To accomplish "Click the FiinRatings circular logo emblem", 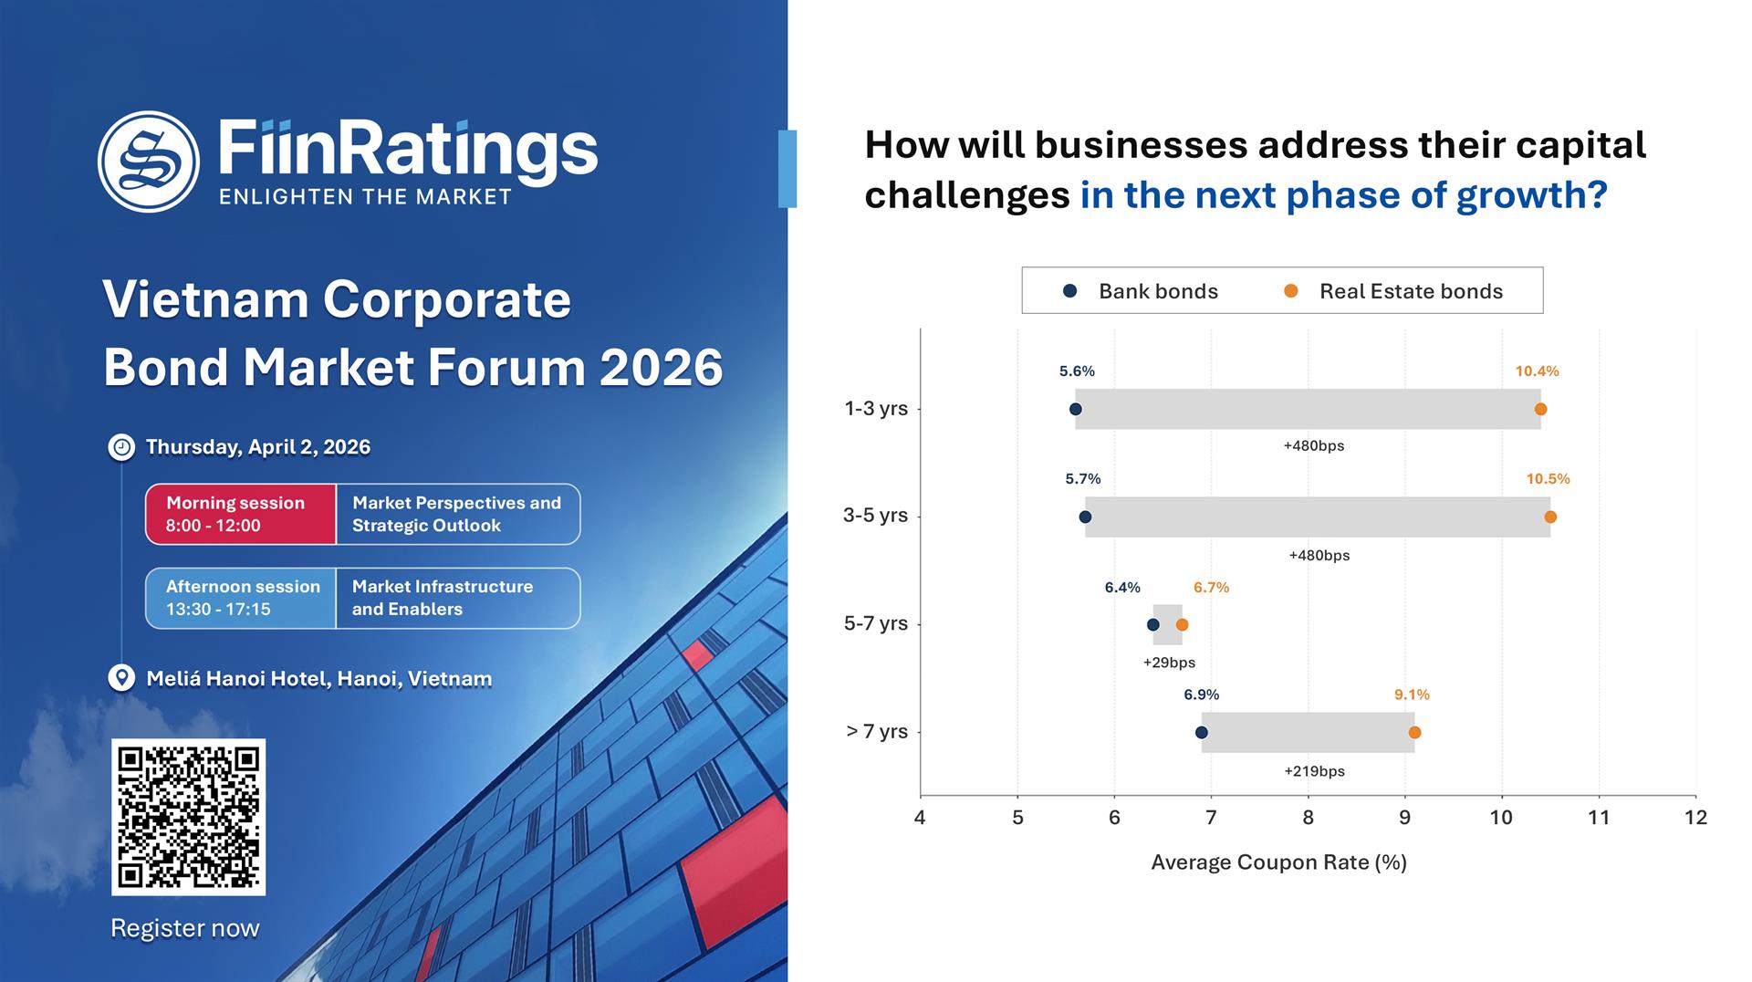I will [x=149, y=162].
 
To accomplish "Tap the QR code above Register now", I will [x=188, y=817].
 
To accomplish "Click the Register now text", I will [x=185, y=928].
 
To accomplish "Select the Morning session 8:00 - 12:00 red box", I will [x=241, y=514].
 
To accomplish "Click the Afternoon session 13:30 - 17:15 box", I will [x=241, y=598].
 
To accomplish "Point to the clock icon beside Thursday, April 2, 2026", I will [x=121, y=447].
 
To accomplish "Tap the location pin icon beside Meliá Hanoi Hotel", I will [x=121, y=678].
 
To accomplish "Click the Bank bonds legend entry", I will [x=1141, y=291].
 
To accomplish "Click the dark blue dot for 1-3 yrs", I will [x=1075, y=409].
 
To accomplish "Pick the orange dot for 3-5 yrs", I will [x=1550, y=517].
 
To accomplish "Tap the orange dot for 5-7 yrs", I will [x=1182, y=624].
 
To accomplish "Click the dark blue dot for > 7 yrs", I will [x=1201, y=732].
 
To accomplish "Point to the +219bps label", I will [x=1314, y=771].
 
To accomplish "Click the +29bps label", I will [x=1169, y=663].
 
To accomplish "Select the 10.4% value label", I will [x=1537, y=371].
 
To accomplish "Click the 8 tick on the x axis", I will [x=1308, y=818].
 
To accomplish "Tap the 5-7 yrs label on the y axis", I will [x=875, y=623].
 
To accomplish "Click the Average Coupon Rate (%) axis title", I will [x=1278, y=862].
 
